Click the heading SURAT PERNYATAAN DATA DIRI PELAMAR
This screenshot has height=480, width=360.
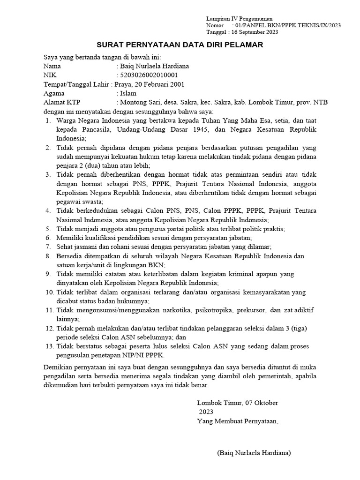pos(180,45)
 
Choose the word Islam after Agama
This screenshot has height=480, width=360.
pos(128,93)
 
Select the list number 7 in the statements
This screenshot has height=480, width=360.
pos(48,247)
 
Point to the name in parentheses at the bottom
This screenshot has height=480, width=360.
pos(254,453)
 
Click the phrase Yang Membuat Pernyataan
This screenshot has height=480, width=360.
pos(237,420)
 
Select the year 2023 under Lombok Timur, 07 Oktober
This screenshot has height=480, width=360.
pos(206,412)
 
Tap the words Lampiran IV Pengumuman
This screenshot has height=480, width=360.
pos(240,18)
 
